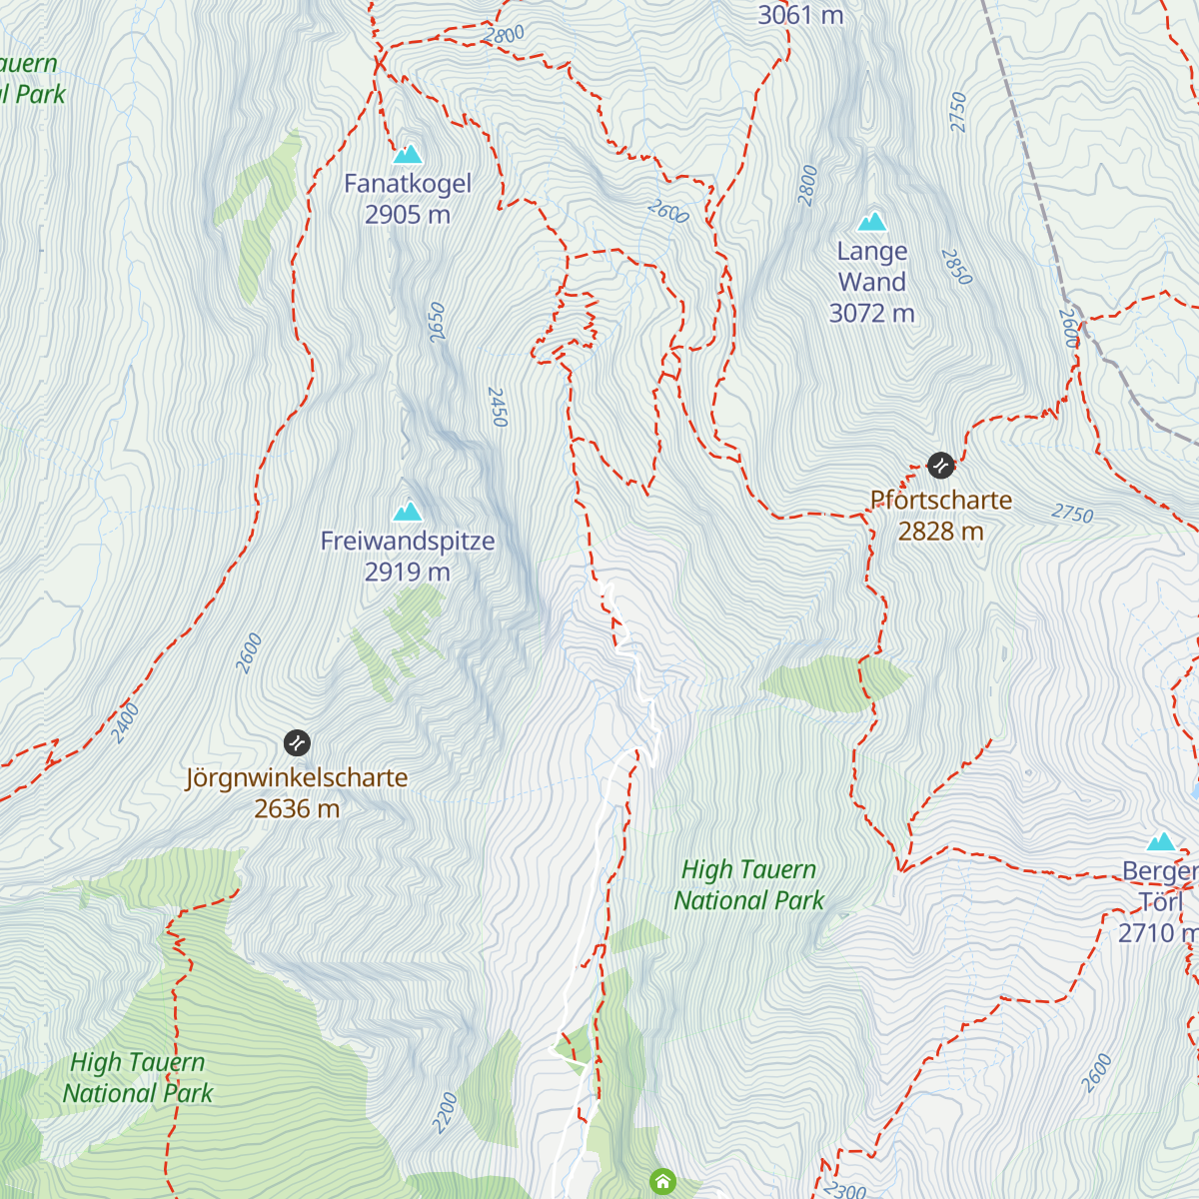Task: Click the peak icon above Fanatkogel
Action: coord(408,155)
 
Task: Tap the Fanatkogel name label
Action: coord(408,184)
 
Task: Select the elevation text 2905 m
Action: coord(408,215)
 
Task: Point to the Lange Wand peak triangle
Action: coord(872,222)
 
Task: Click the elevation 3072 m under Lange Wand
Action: coord(872,313)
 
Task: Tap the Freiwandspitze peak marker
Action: coord(407,513)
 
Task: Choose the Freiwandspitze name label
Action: coord(408,542)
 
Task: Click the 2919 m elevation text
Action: coord(408,572)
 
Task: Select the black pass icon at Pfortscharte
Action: coord(940,466)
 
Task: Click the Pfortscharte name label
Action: coord(941,500)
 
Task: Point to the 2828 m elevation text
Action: coord(941,531)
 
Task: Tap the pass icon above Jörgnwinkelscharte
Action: coord(297,742)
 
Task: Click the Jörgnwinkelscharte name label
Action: coord(297,777)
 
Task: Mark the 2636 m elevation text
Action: coord(297,808)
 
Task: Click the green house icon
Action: coord(662,1182)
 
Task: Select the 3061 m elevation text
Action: coord(800,15)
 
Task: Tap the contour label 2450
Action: coord(498,408)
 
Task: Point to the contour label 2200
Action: coord(446,1112)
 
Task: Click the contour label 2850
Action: coord(956,267)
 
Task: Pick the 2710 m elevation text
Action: coord(1157,932)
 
